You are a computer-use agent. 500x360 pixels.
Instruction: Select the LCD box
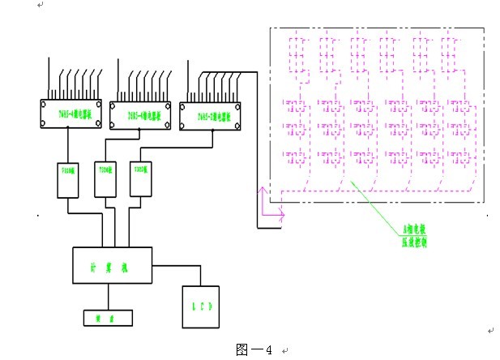click(x=200, y=307)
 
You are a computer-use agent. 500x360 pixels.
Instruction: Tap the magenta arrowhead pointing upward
click(x=261, y=191)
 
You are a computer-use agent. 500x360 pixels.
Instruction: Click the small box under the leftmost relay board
click(x=67, y=179)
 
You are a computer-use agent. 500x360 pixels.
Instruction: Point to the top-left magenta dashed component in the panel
click(x=295, y=51)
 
